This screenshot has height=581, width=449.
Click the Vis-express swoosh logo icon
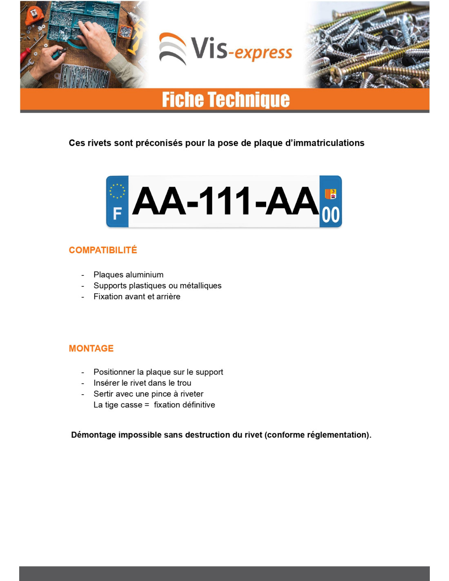coord(172,48)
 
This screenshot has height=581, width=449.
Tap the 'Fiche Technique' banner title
coord(225,100)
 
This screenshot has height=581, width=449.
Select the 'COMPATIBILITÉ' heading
coord(103,250)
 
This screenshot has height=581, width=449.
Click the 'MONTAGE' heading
coord(91,349)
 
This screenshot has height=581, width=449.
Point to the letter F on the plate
coord(117,213)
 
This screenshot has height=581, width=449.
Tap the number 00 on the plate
coord(331,215)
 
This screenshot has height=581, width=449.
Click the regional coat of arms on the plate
coord(330,194)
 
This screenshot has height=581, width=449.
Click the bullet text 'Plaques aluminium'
coord(128,275)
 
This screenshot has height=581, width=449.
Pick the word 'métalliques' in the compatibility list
coord(200,286)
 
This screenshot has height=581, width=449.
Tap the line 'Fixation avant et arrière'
coord(137,297)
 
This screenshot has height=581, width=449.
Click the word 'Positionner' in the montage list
coord(114,372)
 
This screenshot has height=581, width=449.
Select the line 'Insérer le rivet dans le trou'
coord(142,383)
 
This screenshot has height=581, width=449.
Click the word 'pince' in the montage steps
coord(161,394)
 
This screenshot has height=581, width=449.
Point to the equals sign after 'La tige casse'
coord(147,405)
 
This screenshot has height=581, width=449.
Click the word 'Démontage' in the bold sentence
coord(93,435)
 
